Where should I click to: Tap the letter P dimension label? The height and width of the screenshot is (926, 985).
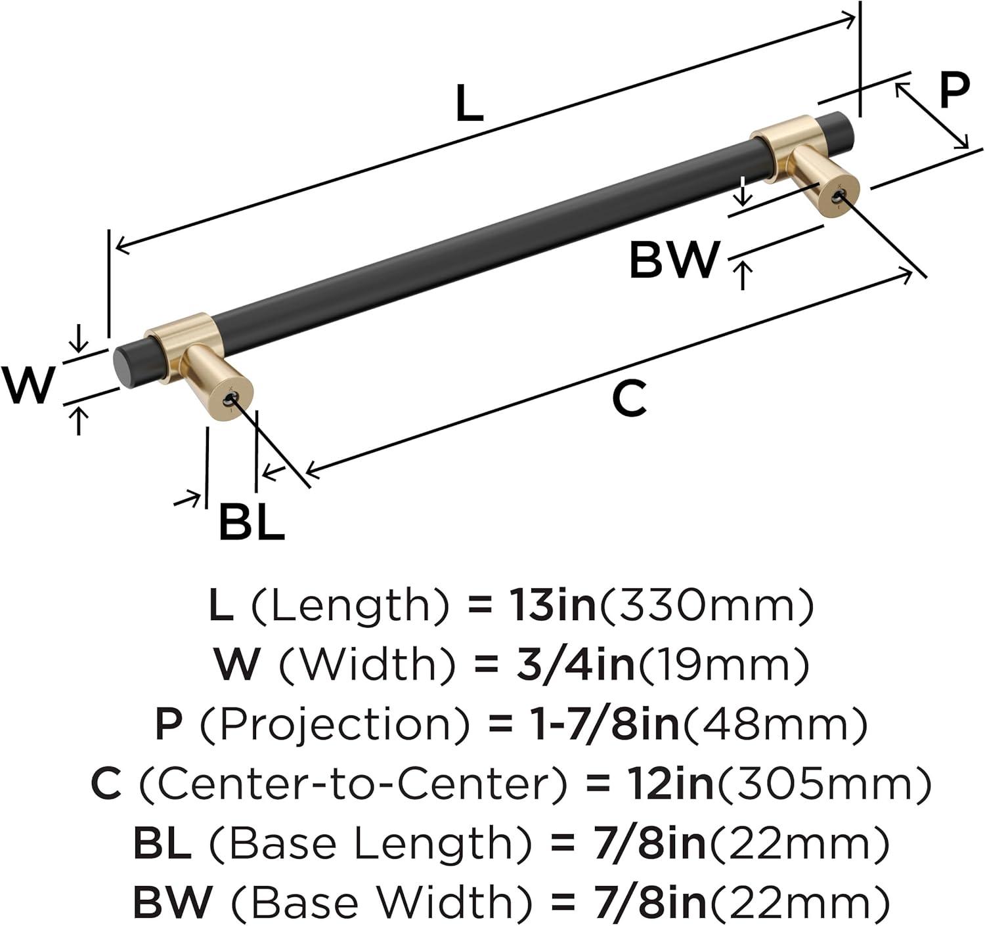(x=953, y=90)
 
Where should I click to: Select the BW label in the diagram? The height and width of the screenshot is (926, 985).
(x=674, y=260)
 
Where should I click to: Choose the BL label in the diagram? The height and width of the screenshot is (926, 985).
(x=252, y=521)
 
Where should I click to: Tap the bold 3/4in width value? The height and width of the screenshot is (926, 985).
(x=576, y=665)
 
